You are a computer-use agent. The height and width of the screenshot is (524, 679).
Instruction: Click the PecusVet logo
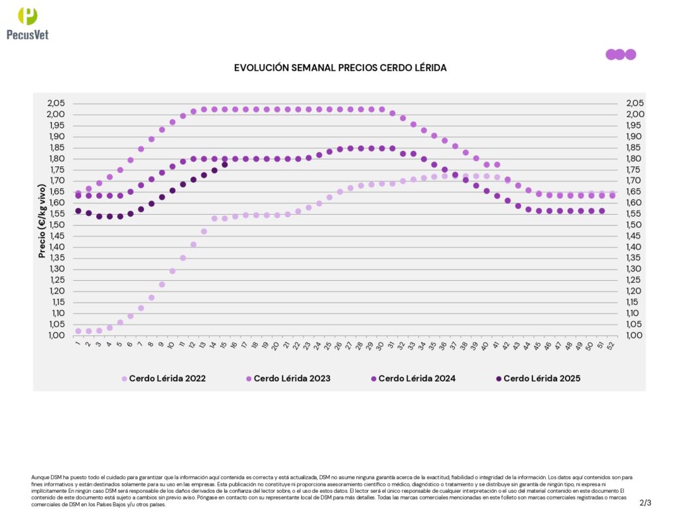coord(27,23)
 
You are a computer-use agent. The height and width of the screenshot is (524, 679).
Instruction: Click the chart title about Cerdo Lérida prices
coord(340,68)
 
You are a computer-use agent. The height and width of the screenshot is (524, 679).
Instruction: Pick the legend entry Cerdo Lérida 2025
coord(541,379)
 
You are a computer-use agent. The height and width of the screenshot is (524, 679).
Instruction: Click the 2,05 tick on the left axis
coord(56,103)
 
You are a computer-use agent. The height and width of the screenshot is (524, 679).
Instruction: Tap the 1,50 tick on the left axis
coord(56,225)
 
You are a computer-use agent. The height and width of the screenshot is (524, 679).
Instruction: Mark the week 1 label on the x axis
coord(78,344)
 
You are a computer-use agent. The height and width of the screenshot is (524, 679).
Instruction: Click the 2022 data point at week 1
coord(78,331)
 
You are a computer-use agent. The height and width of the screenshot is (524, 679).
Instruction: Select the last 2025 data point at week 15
coord(225,164)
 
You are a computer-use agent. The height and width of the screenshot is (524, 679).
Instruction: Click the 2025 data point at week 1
coord(78,211)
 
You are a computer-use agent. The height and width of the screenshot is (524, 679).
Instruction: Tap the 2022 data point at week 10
coord(172,271)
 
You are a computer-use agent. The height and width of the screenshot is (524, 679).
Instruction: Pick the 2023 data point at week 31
coord(392,113)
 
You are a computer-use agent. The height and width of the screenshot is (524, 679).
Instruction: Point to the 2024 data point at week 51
coord(601,211)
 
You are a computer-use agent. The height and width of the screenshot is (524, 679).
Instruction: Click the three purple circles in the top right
coord(620,54)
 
